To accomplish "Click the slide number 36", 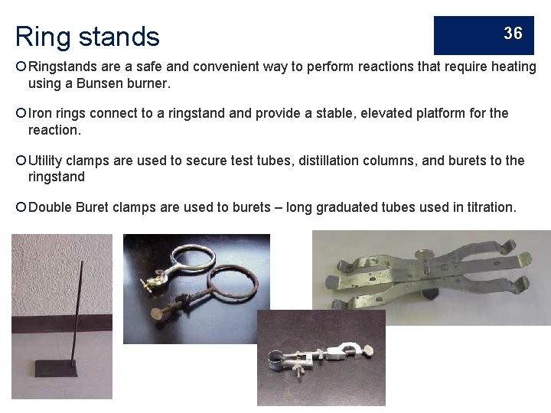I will tap(513, 33).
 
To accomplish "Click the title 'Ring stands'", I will tap(87, 36).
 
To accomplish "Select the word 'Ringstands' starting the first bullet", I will tap(62, 67).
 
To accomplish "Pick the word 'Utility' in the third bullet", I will tap(46, 161).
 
